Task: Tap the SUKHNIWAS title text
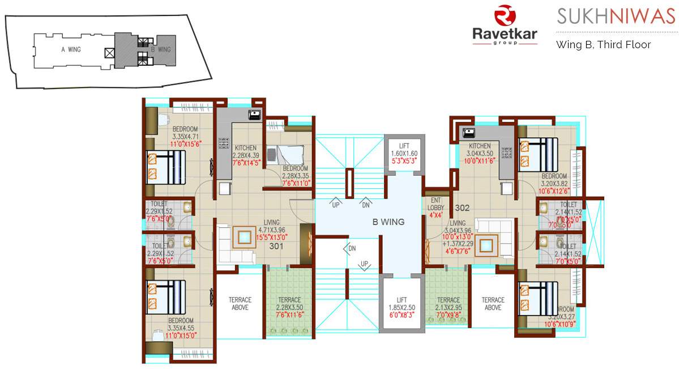[616, 17]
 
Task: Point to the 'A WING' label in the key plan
[71, 49]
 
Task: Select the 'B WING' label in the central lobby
[388, 222]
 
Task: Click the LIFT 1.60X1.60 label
[404, 150]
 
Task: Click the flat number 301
[276, 246]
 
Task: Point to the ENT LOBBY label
[436, 203]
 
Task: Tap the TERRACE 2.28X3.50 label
[289, 303]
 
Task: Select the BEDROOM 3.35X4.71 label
[185, 133]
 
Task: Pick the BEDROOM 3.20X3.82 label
[554, 180]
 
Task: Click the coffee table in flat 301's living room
[245, 236]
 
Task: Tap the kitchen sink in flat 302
[469, 133]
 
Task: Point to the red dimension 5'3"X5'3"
[404, 161]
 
